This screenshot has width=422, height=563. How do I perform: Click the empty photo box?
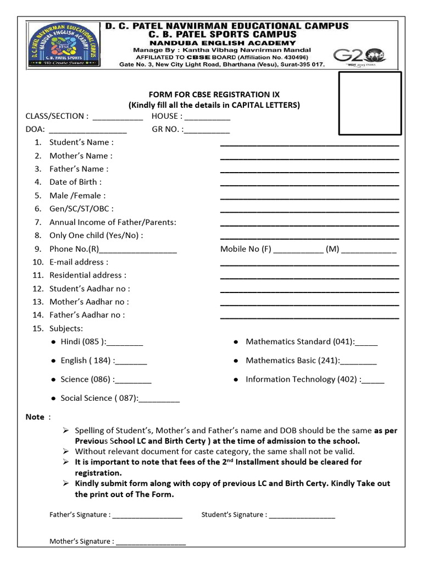point(370,103)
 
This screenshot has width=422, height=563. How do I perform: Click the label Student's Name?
point(82,142)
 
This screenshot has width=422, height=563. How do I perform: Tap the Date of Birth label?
point(75,182)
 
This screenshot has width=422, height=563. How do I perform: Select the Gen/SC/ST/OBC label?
point(81,209)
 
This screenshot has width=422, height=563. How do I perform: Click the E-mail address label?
point(79,262)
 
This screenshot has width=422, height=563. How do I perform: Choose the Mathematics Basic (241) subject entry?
point(311,361)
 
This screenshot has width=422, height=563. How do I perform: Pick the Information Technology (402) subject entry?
point(315,379)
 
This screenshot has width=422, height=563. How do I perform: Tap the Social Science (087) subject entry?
point(120,398)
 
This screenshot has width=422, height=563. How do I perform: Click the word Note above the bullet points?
point(35,417)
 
